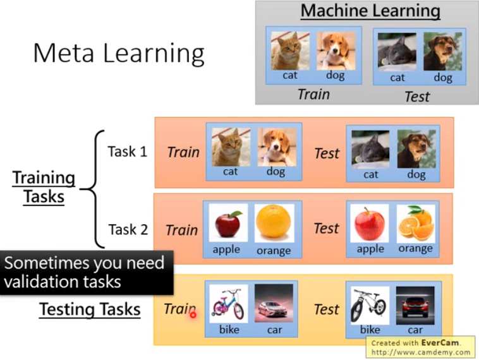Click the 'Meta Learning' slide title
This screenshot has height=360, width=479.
click(x=119, y=53)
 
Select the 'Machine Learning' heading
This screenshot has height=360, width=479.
click(x=370, y=11)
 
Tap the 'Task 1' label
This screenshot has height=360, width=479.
click(x=127, y=152)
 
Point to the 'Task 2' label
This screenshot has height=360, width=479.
click(x=127, y=229)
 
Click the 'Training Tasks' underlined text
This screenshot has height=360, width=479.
click(x=44, y=187)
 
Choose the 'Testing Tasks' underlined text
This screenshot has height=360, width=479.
click(x=90, y=309)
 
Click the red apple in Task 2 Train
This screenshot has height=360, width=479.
click(x=227, y=224)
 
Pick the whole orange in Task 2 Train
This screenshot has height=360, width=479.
click(x=274, y=222)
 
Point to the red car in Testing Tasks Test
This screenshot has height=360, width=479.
click(x=415, y=304)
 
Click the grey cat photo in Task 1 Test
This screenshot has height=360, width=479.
click(x=370, y=150)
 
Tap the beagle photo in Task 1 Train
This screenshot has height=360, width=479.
click(x=276, y=147)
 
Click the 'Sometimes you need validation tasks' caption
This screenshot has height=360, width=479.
click(x=85, y=272)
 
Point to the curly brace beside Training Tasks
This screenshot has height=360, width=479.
click(x=92, y=189)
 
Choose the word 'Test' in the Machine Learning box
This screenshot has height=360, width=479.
click(x=417, y=97)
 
